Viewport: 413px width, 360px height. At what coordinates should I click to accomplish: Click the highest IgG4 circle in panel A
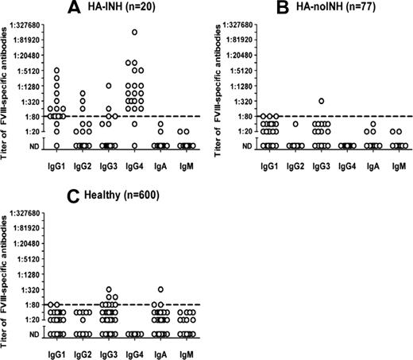[135, 33]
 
